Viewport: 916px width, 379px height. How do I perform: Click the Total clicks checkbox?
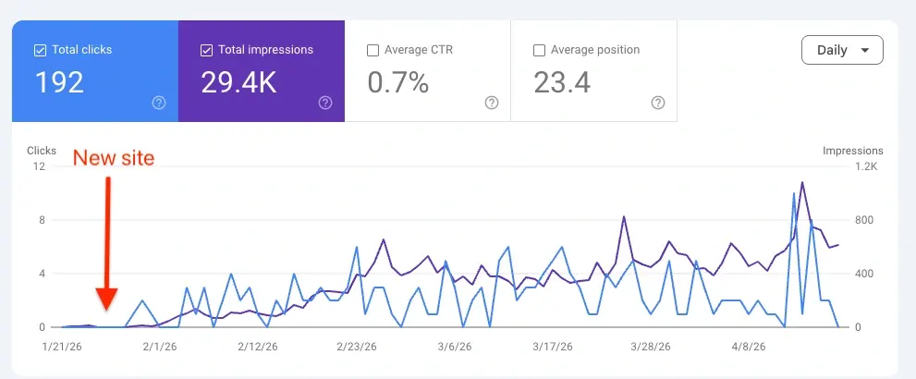click(40, 50)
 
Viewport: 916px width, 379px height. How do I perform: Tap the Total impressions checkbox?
click(206, 50)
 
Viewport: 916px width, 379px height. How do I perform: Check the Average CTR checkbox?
click(373, 50)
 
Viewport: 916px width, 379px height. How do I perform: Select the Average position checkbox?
click(540, 50)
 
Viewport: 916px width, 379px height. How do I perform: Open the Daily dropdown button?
click(842, 50)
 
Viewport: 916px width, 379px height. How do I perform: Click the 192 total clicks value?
click(59, 83)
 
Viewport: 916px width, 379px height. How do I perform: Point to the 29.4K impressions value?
click(238, 83)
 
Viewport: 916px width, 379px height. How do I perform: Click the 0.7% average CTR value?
click(398, 83)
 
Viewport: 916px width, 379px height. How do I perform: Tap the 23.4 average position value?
click(562, 83)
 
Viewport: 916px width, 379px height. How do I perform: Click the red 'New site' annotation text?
click(114, 158)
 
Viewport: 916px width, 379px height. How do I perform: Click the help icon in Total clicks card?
click(158, 103)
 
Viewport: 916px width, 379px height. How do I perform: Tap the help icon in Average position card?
click(657, 103)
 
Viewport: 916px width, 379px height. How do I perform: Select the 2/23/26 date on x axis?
click(355, 348)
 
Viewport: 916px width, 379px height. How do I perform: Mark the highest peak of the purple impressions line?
click(801, 183)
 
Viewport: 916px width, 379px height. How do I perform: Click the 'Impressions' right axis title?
click(852, 151)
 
